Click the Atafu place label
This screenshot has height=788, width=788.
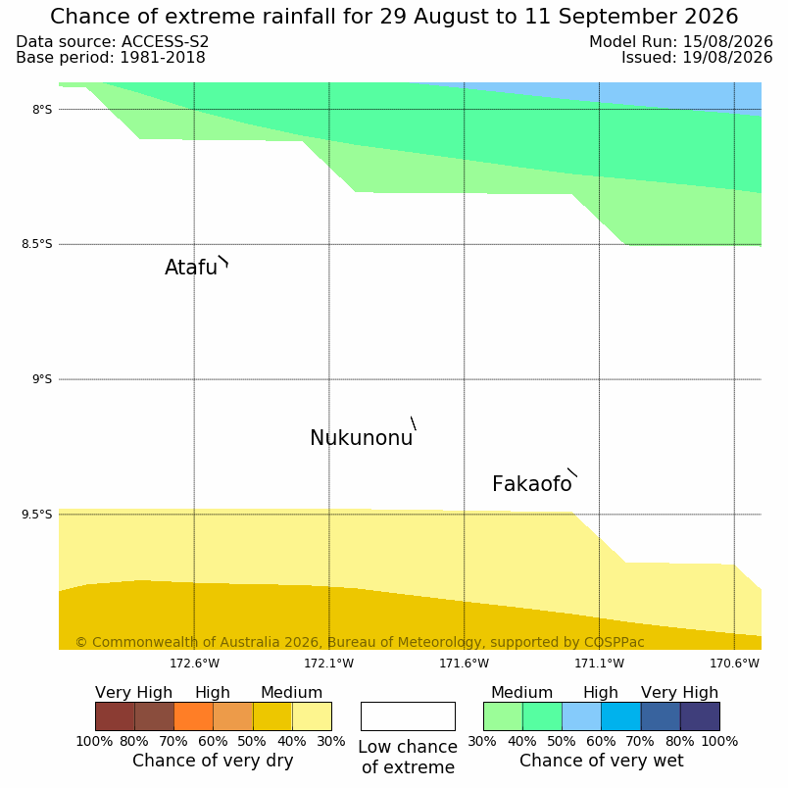191,268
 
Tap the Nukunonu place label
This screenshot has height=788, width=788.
362,438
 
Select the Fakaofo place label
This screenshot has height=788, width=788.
532,484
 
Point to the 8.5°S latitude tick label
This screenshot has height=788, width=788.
36,244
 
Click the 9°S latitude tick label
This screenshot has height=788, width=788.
42,379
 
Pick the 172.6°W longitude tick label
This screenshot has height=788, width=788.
194,664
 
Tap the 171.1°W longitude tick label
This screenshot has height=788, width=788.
599,664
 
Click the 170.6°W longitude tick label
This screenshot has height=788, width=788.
734,664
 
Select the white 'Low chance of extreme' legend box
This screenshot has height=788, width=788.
408,716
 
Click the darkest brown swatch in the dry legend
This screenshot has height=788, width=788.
115,716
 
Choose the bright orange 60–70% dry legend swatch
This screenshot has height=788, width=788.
193,716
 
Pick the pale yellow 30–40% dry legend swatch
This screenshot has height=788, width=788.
312,716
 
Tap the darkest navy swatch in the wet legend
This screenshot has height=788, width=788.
700,716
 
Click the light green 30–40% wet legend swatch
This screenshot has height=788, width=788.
503,716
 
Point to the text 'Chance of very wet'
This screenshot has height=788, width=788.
602,761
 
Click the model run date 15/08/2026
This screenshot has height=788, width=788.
727,42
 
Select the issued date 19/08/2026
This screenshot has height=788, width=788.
727,57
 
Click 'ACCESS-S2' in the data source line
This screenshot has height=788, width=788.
165,42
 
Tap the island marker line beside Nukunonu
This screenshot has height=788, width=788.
414,423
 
